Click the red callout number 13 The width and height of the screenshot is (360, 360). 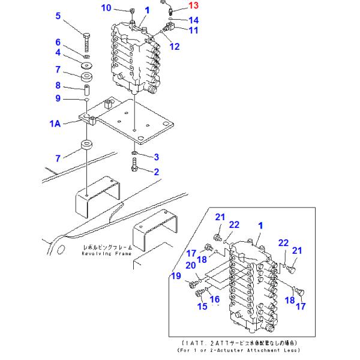click(x=193, y=7)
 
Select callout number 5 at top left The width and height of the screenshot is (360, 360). click(x=58, y=16)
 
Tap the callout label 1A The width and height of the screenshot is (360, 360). click(x=55, y=124)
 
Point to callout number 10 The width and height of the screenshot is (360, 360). click(x=106, y=8)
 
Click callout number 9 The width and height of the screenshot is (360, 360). click(x=58, y=98)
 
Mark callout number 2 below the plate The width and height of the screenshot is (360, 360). click(x=156, y=171)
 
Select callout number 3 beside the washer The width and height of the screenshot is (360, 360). click(x=156, y=157)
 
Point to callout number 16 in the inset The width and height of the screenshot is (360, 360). click(x=214, y=299)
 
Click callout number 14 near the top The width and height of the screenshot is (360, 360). click(x=193, y=20)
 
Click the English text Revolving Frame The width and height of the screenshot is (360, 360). click(x=106, y=254)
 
